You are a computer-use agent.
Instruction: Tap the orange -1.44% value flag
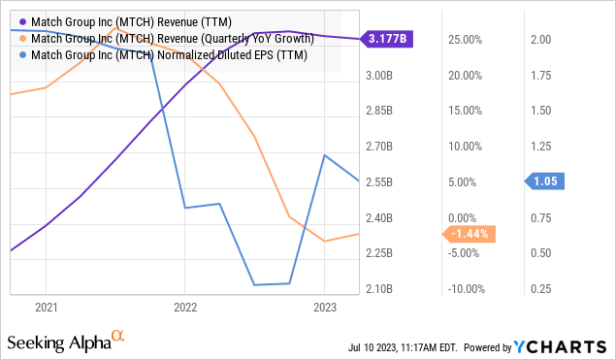tap(470, 234)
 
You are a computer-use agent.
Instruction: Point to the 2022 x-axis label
tap(185, 307)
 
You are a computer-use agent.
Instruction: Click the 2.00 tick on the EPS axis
tap(541, 39)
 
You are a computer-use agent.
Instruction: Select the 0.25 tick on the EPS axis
tap(541, 289)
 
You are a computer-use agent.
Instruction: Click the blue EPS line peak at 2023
tap(323, 155)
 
